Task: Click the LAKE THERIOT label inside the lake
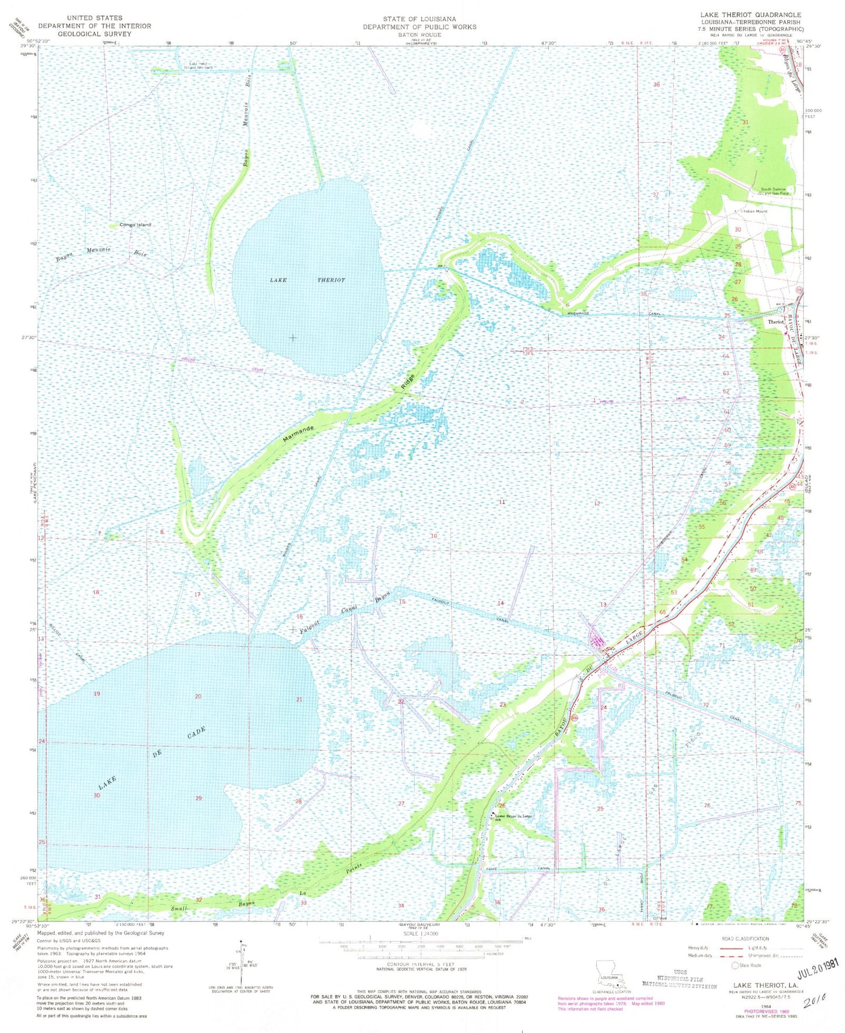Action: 307,280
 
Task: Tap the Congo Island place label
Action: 135,225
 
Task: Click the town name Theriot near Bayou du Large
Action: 776,322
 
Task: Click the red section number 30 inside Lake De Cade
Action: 96,795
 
